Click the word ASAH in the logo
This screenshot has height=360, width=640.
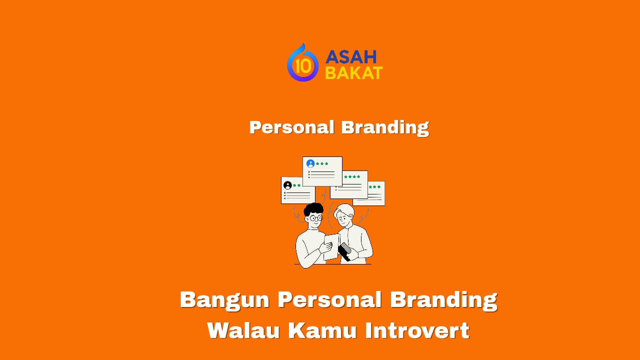pyautogui.click(x=350, y=57)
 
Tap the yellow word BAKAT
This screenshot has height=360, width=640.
pyautogui.click(x=353, y=73)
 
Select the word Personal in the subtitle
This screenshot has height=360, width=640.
pyautogui.click(x=291, y=127)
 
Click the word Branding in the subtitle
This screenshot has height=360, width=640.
pyautogui.click(x=384, y=127)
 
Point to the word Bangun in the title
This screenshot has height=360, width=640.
pyautogui.click(x=224, y=299)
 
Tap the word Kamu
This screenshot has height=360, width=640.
pyautogui.click(x=320, y=330)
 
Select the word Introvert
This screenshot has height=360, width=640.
pyautogui.click(x=417, y=330)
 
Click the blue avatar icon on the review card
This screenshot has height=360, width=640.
pyautogui.click(x=310, y=163)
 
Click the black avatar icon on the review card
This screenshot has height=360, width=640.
pyautogui.click(x=287, y=185)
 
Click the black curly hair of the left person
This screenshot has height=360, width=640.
pyautogui.click(x=313, y=208)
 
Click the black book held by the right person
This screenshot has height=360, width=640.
pyautogui.click(x=344, y=251)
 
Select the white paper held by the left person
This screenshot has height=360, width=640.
pyautogui.click(x=330, y=246)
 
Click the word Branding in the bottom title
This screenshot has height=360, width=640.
pyautogui.click(x=443, y=299)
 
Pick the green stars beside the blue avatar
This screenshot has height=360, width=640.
pyautogui.click(x=322, y=163)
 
